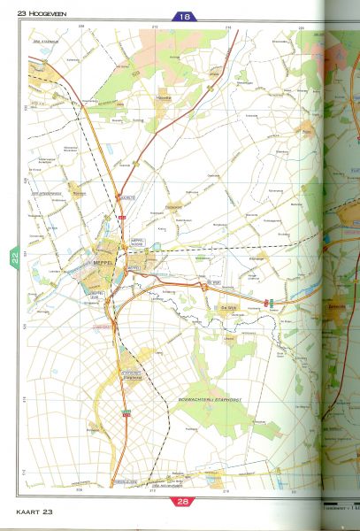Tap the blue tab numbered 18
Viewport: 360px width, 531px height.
coord(185,17)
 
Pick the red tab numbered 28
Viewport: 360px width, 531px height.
coord(184,501)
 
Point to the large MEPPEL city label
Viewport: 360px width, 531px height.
coord(103,261)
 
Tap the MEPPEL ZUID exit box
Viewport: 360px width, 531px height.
coord(97,295)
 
